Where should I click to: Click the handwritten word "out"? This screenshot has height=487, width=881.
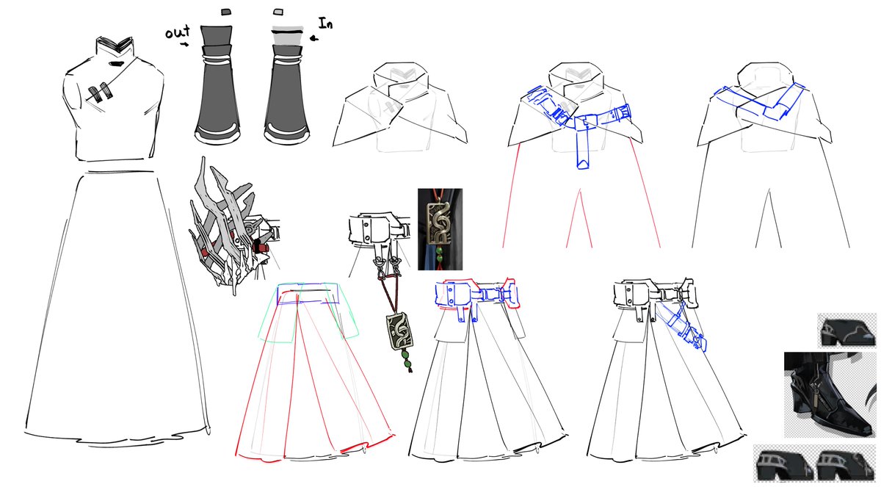coord(178,32)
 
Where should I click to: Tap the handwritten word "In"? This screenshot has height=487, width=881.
coord(325,24)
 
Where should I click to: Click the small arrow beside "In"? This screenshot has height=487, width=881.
coord(314,38)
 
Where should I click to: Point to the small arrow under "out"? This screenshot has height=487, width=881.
coord(184,45)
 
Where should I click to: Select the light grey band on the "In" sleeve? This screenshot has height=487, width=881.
coord(288,38)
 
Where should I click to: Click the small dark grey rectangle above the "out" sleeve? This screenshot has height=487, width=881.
coord(226,12)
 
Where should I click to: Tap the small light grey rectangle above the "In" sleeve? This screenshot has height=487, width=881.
coord(278,12)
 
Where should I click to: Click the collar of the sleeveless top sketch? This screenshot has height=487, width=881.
coord(114,46)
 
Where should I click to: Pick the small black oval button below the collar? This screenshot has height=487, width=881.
coord(115,64)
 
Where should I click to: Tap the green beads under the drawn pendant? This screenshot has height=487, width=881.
coord(406,359)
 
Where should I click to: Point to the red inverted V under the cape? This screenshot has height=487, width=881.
coord(579,218)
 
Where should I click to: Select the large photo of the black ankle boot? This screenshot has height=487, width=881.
coord(830,394)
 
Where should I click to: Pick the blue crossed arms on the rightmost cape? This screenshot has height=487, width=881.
coord(760,101)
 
